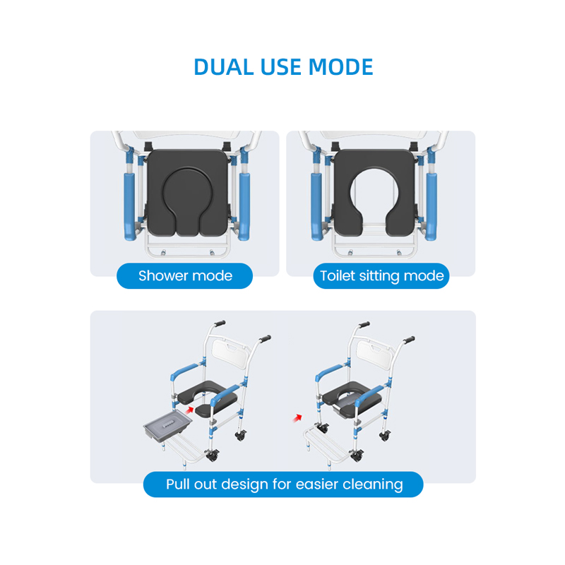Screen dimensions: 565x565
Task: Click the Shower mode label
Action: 185,275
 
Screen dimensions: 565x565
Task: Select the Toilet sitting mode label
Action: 381,275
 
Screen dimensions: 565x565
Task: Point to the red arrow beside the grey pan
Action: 190,410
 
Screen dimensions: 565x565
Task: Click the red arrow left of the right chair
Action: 297,418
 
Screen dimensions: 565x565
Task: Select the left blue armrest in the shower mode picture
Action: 130,206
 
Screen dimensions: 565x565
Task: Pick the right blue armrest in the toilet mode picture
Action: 432,206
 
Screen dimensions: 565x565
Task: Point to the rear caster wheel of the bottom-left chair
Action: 241,436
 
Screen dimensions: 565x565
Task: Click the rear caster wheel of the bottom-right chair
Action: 385,436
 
